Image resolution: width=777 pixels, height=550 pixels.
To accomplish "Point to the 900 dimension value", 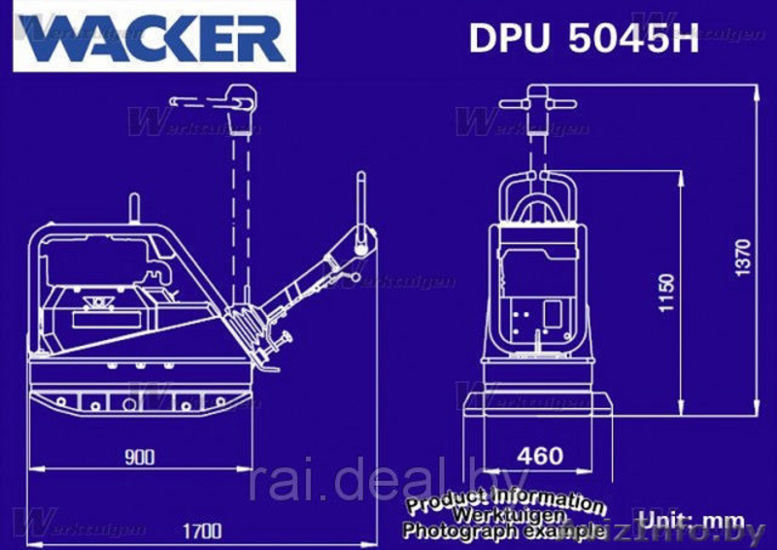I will coord(140,457).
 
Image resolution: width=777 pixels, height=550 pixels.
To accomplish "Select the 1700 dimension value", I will coord(201,531).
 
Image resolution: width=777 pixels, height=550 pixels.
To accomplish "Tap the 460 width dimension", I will coord(539,455).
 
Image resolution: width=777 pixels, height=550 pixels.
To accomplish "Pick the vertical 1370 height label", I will coord(743,257).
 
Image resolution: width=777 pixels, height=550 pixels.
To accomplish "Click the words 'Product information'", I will coord(505,499).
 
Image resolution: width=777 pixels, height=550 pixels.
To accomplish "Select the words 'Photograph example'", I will coord(504,531).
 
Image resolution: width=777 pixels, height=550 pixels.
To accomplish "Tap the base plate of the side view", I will coord(142,399).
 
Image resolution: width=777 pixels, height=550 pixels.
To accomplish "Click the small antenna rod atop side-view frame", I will coord(134,209).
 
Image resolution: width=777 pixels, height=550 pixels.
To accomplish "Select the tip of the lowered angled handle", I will coord(361,181).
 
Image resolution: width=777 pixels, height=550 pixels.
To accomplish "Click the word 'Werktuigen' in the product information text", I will coord(504,515).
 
